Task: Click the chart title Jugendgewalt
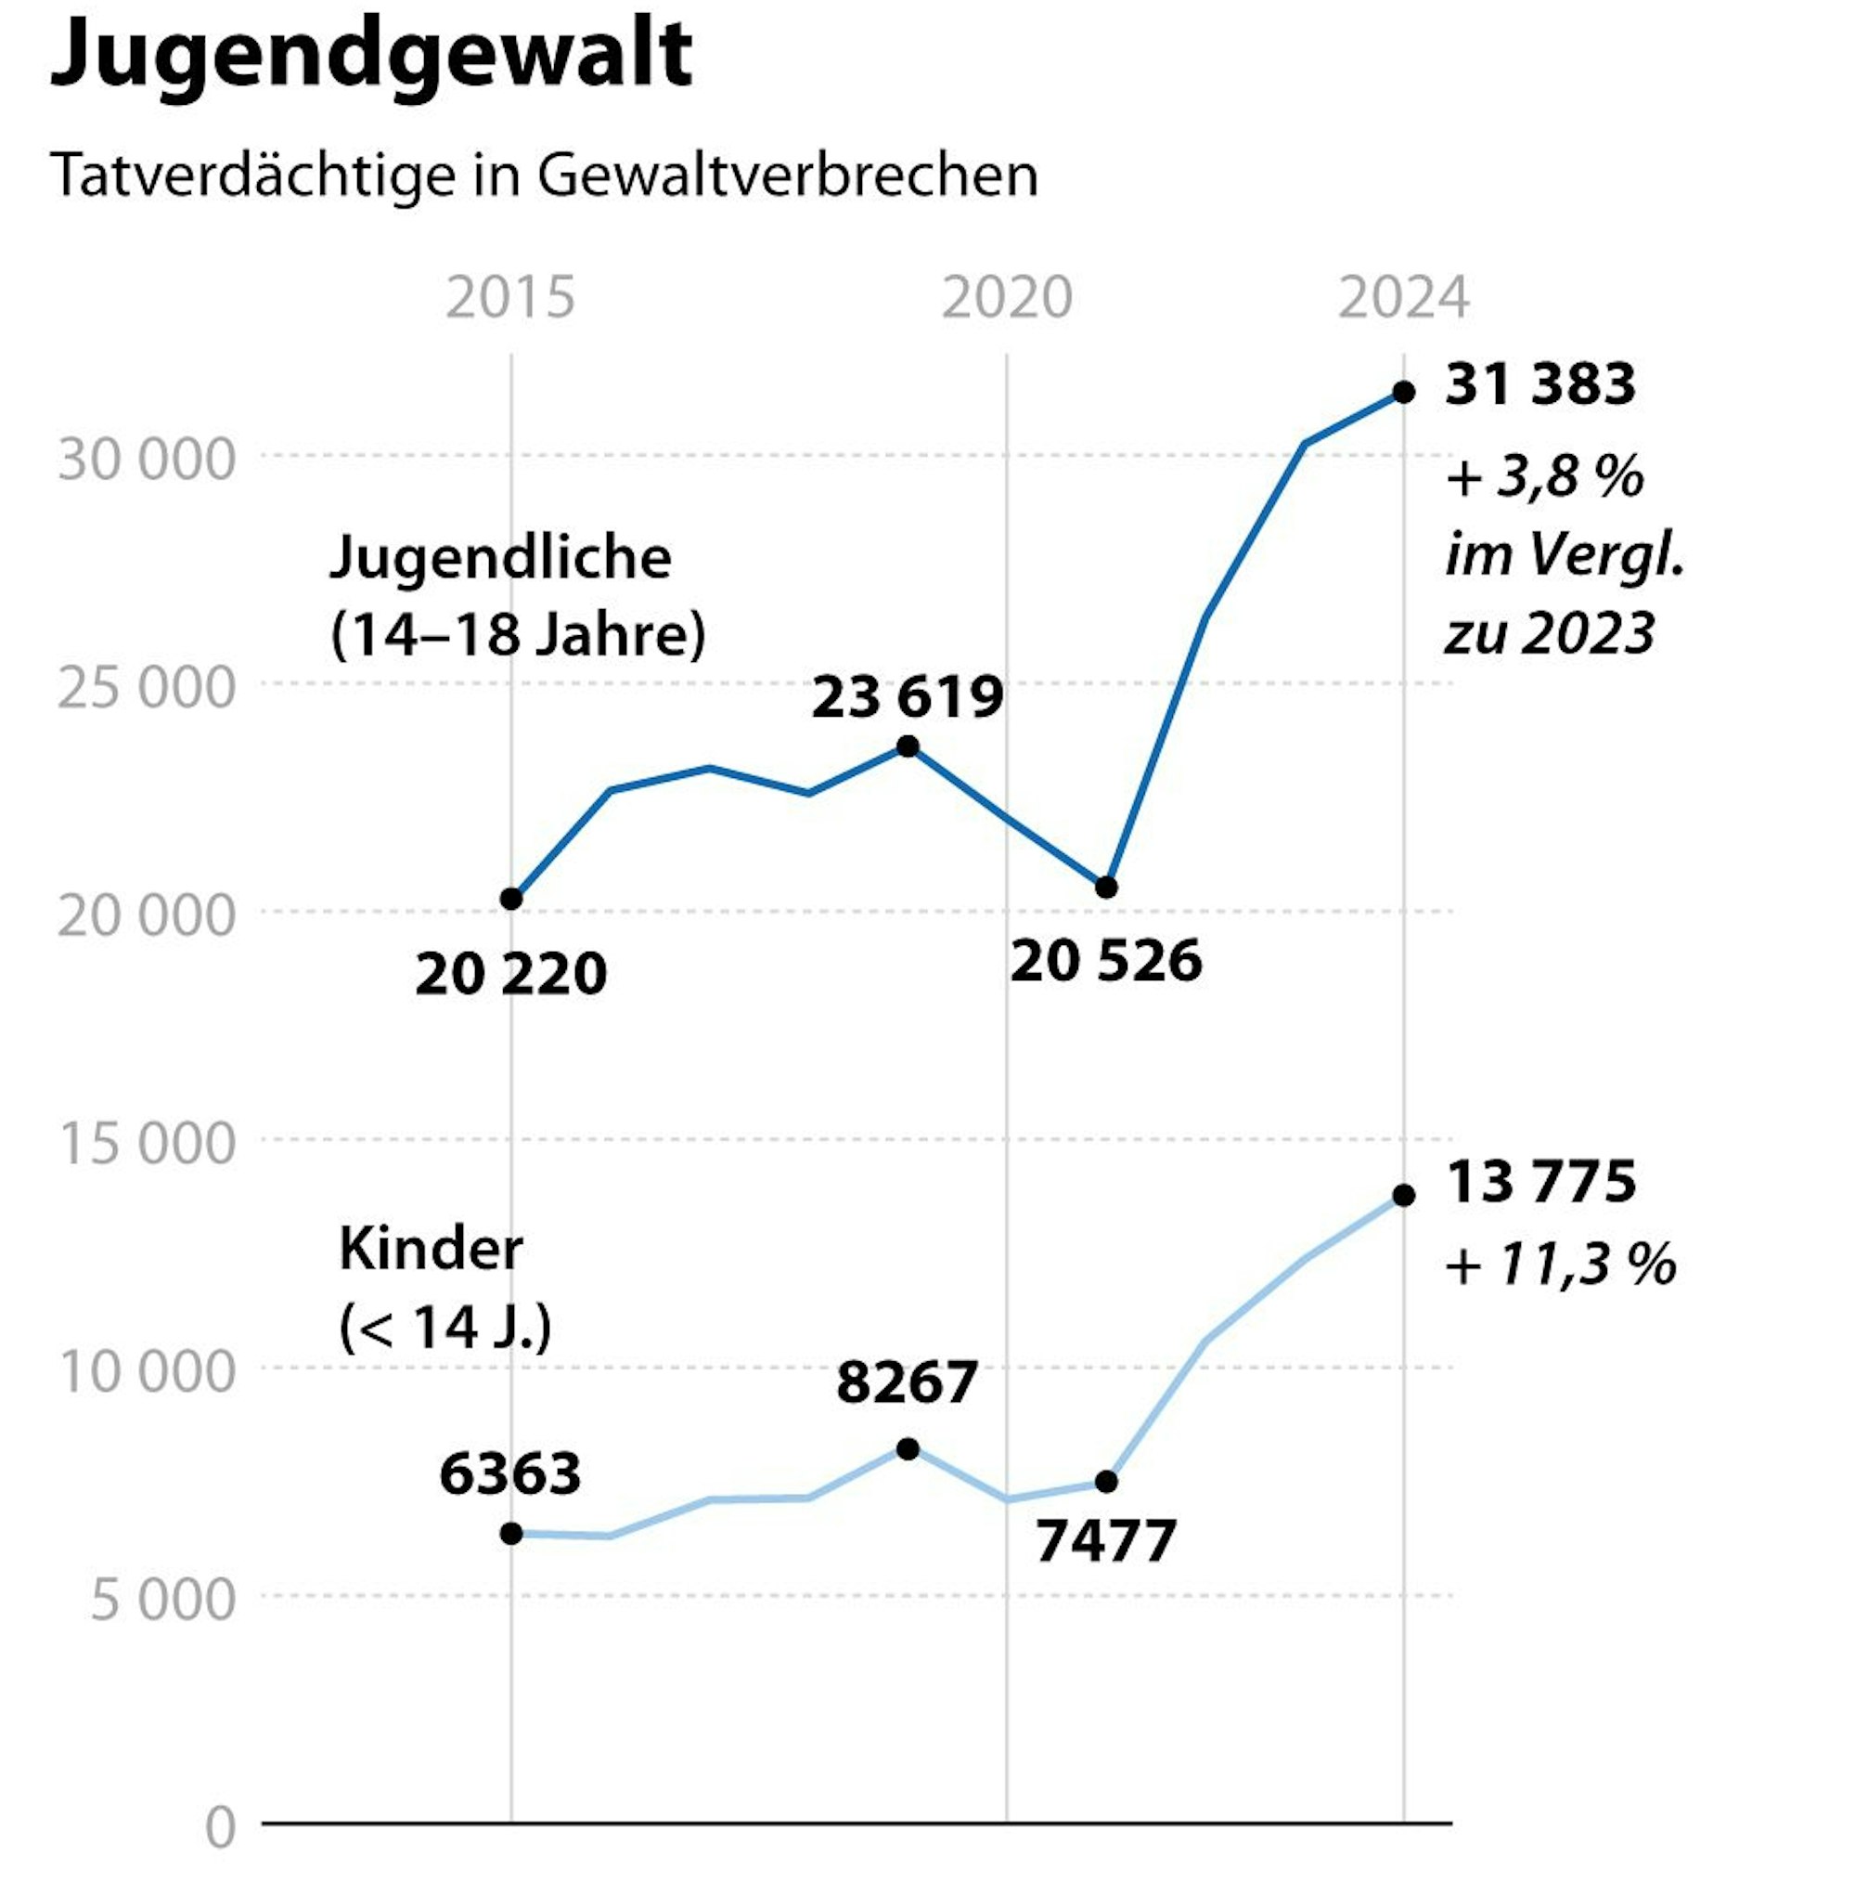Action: (x=370, y=57)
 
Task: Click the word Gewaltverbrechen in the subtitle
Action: (x=786, y=176)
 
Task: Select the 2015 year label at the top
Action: (x=510, y=297)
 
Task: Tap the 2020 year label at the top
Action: (x=1006, y=297)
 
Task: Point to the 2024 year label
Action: (x=1402, y=297)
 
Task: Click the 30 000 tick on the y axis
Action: (x=146, y=459)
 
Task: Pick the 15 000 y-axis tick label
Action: (x=146, y=1142)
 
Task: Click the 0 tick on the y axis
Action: (x=220, y=1826)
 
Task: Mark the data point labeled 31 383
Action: (x=1402, y=393)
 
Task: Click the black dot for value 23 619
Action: (x=907, y=746)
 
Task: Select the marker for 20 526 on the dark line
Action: (x=1105, y=887)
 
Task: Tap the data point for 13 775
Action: (x=1402, y=1195)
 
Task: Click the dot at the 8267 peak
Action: (x=907, y=1448)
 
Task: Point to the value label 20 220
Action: (x=510, y=974)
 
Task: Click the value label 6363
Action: (x=510, y=1472)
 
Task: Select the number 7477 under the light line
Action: (x=1105, y=1540)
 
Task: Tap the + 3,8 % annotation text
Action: (x=1543, y=478)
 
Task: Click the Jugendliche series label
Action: (x=500, y=558)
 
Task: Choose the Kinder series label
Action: (x=431, y=1249)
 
